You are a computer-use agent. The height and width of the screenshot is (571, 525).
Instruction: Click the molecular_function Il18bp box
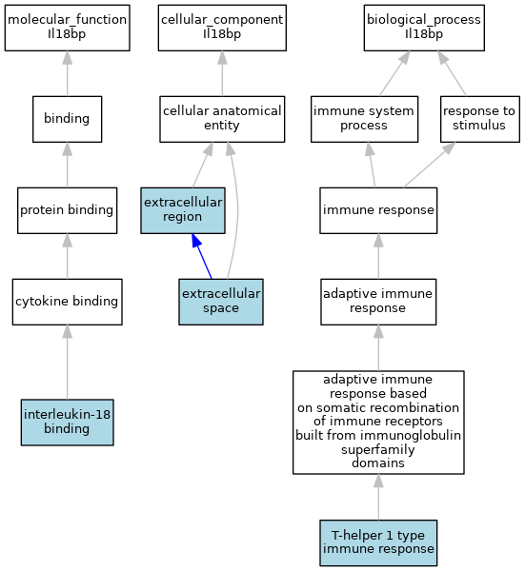pos(67,28)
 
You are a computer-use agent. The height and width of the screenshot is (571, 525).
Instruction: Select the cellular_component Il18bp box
pos(222,28)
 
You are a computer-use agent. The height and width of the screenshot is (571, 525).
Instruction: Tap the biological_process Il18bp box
pos(424,28)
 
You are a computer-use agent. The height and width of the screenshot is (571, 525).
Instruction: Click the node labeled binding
pos(67,119)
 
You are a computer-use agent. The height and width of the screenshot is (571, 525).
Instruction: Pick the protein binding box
pos(67,210)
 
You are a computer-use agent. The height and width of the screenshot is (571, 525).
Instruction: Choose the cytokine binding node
pos(67,302)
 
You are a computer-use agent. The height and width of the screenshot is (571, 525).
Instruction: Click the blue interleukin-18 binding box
pos(67,422)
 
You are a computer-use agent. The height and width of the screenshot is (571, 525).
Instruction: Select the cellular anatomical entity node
pos(222,119)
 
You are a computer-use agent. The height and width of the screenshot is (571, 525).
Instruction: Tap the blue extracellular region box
pos(183,210)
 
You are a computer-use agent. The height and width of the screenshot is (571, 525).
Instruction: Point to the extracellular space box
pos(221,302)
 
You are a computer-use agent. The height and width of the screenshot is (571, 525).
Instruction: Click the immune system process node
pos(364,119)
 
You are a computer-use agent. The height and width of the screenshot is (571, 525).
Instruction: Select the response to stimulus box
pos(480,119)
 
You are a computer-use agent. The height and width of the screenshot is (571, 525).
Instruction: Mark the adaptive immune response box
pos(378,302)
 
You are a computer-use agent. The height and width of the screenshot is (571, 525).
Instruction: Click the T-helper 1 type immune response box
pos(378,542)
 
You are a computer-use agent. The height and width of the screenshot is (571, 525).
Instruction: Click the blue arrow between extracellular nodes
pos(202,256)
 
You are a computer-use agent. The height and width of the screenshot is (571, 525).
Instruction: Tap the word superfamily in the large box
pos(378,449)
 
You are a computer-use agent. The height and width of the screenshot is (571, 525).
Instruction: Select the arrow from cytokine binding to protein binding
pos(67,256)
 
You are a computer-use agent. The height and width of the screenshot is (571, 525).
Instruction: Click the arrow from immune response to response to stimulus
pos(430,165)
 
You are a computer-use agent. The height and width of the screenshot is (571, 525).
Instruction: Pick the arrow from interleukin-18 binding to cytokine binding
pos(67,363)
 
